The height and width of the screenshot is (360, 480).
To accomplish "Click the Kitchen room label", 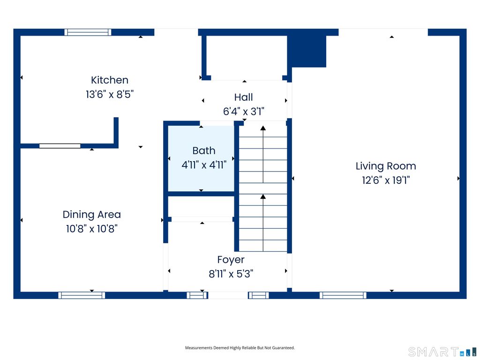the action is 110,80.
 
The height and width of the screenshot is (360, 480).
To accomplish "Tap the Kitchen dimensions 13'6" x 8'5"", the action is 110,94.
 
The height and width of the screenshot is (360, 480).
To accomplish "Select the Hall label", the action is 243,97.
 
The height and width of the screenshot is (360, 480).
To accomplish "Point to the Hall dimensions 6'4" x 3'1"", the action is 243,112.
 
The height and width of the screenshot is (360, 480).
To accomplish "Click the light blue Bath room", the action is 201,158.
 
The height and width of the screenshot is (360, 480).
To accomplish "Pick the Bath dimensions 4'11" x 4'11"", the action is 204,165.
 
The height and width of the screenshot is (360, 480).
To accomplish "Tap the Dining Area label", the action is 91,215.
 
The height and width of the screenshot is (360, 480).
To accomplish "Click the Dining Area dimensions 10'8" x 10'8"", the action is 91,229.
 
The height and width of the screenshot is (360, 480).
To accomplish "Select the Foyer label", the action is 231,260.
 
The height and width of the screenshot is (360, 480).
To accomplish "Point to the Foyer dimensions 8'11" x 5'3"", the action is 231,274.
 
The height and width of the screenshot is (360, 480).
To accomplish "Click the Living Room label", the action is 386,166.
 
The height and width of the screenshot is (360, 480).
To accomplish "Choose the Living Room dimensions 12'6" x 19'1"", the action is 386,180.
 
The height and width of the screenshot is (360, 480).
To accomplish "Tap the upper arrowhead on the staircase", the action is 263,128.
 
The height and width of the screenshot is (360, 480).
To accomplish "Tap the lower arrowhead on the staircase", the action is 263,196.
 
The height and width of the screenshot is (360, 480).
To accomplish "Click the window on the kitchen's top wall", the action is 88,32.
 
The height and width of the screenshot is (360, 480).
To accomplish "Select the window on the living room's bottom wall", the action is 343,295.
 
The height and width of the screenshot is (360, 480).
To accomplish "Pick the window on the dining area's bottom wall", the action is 82,295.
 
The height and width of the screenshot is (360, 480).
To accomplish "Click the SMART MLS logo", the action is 442,352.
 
